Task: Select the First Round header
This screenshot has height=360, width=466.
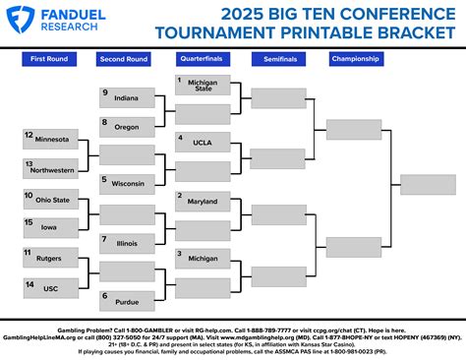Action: coord(49,59)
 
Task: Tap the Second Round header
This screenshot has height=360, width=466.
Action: coord(125,59)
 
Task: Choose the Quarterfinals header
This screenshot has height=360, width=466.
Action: coord(202,59)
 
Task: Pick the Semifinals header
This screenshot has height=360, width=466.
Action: coord(279,59)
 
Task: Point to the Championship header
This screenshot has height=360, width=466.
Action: coord(355,59)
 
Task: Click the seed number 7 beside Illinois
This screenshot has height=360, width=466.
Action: coord(104,238)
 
